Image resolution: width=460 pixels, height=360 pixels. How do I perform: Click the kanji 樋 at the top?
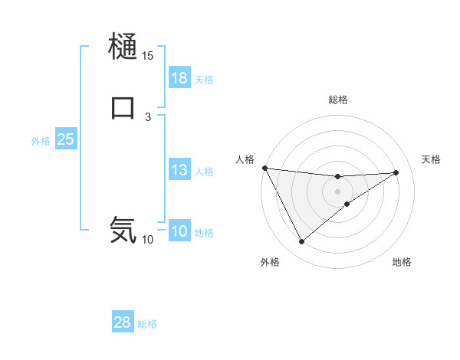pos(123,47)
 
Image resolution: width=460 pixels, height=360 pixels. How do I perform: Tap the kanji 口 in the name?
pos(123,106)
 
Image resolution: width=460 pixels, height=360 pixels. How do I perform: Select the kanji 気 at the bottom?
pos(123,229)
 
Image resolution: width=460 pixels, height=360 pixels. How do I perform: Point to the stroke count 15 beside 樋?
pos(147,56)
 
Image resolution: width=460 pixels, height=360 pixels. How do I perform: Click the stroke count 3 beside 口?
pos(147,116)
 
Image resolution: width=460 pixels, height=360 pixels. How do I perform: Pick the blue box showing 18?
pos(179,78)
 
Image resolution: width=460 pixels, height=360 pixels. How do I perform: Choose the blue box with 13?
pos(179,170)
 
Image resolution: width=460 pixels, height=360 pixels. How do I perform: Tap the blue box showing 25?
pos(66,139)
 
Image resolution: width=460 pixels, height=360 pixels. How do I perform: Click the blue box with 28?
pos(123,322)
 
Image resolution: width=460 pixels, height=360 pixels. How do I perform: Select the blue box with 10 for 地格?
pos(179,231)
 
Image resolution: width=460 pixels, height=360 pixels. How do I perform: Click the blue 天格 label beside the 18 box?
pos(204,80)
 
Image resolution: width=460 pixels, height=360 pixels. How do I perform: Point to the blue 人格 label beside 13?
pos(204,172)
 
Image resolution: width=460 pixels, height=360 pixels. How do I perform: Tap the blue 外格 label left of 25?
pos(41,141)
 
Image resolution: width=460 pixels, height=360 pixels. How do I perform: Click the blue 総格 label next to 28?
pos(147,324)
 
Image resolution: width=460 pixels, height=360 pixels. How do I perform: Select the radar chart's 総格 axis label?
pos(338,100)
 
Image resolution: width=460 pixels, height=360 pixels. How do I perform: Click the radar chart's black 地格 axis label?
pos(402,263)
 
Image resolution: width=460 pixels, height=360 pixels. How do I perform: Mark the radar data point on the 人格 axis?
pos(264,168)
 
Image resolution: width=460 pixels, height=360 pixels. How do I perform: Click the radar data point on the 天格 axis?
pos(396,172)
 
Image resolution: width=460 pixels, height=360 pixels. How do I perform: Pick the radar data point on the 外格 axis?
pos(301,242)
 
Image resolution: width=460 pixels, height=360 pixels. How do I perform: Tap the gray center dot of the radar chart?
pos(338,191)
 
